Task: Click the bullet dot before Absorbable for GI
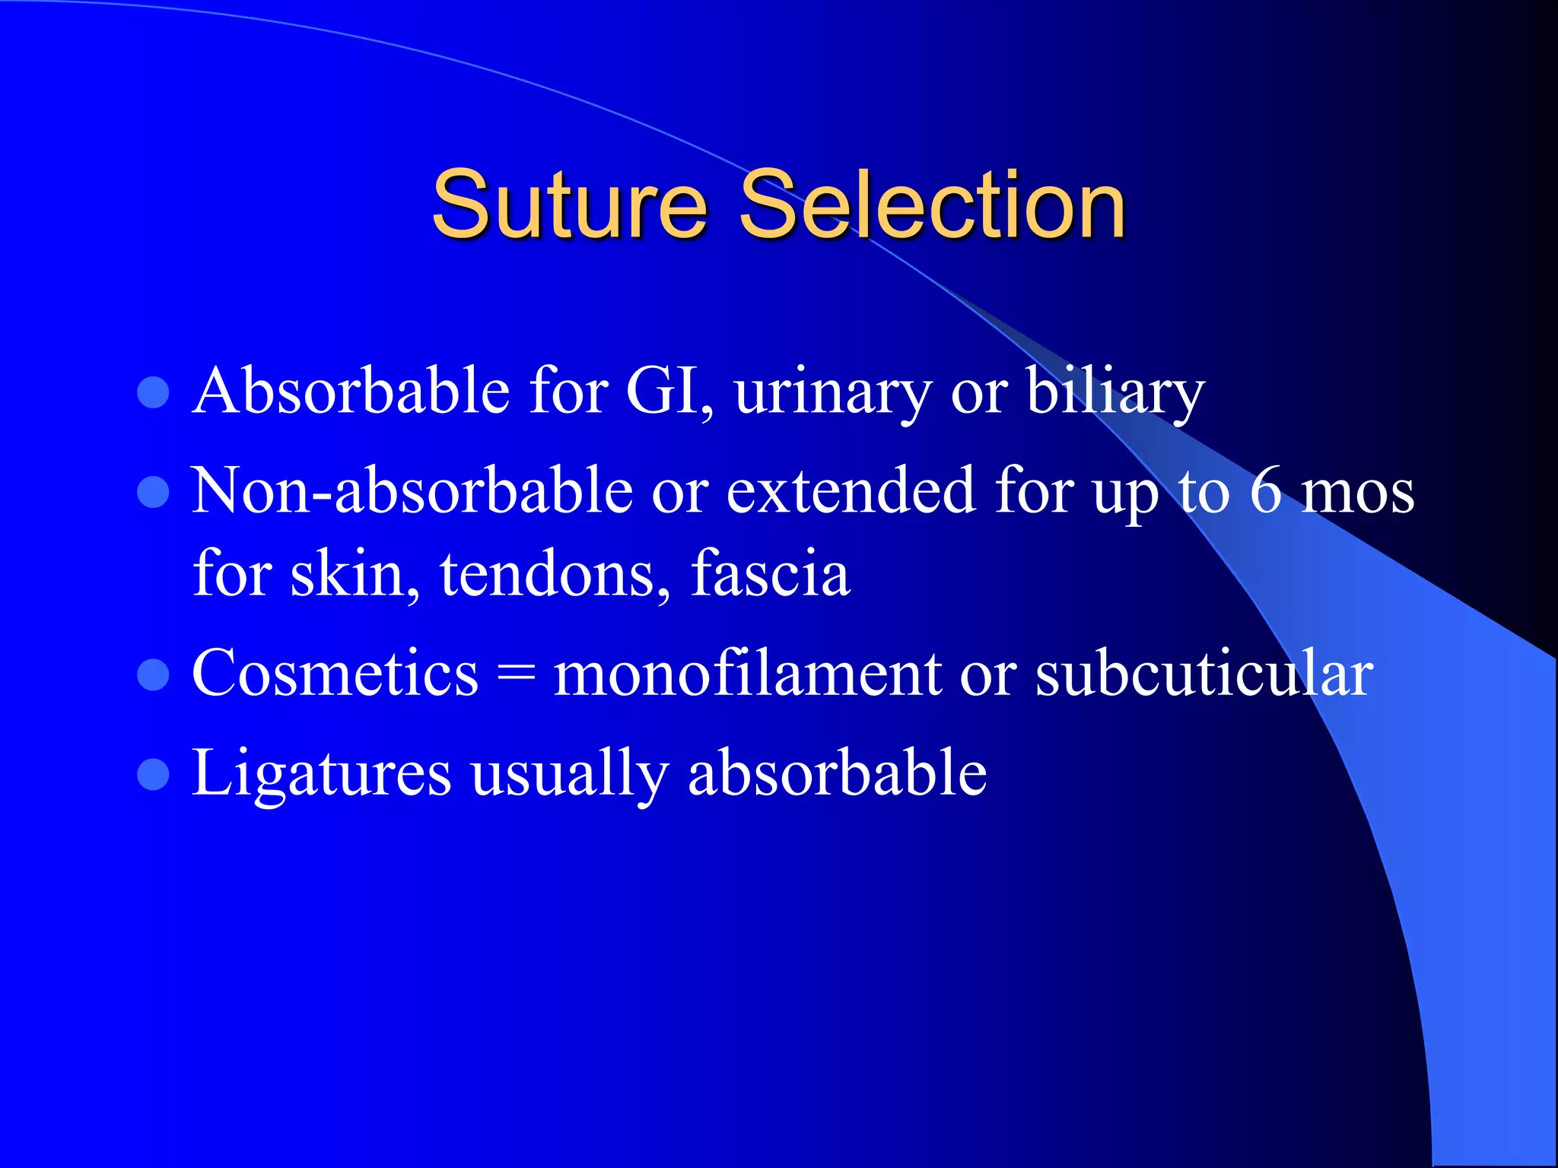point(153,393)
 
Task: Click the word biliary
point(1115,392)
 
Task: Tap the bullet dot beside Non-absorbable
point(153,492)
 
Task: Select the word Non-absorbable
point(412,491)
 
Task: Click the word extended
point(851,491)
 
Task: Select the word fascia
point(770,573)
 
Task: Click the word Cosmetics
point(335,673)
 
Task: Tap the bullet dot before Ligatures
point(153,775)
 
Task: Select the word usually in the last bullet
point(569,775)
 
